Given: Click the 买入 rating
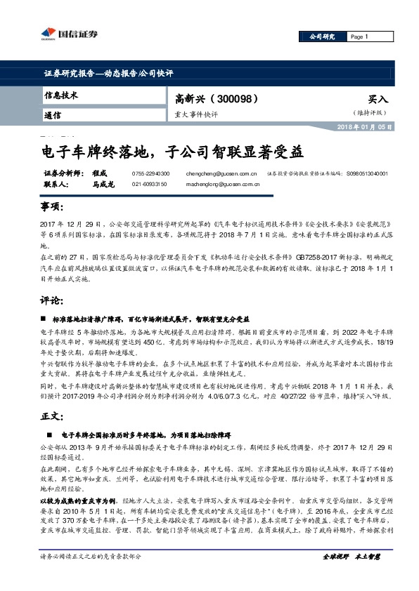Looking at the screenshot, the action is tap(378, 100).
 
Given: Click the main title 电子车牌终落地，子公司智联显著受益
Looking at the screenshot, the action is tap(173, 150).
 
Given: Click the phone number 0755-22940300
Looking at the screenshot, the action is tap(150, 173).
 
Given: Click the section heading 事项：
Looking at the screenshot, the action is tap(53, 208).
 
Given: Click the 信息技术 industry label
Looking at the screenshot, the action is tap(61, 95).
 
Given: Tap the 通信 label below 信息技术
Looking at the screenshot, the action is tap(53, 114).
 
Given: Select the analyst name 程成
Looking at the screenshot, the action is tap(99, 173).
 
